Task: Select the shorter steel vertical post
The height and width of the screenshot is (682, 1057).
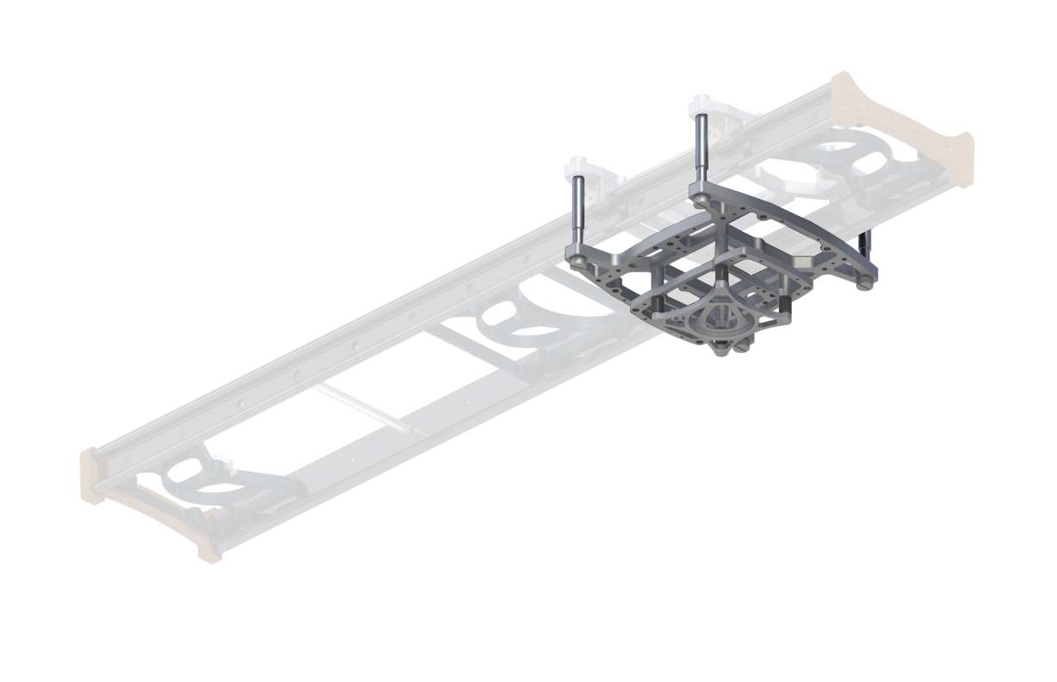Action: pos(578,211)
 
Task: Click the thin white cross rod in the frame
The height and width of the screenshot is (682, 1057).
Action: pos(362,408)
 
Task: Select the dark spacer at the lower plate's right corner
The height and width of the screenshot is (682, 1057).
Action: pos(785,305)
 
